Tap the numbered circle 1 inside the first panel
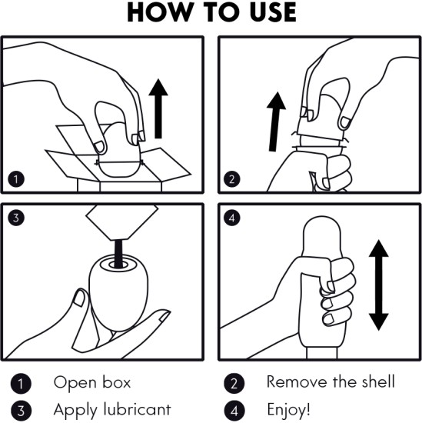pos(16,179)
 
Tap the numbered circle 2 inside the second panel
pos(232,178)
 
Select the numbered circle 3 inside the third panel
pos(16,218)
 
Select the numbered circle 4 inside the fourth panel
pos(232,218)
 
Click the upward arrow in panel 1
pos(158,108)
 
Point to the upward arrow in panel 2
pos(275,122)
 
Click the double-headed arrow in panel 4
pos(379,285)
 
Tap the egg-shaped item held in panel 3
pos(118,293)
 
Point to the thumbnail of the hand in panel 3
pos(78,298)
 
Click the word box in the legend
pos(117,382)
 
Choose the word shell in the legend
pos(378,381)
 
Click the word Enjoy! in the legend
pos(288,410)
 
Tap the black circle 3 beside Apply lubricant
pos(21,411)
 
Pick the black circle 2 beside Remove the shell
pos(234,383)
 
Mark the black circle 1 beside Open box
pos(21,383)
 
